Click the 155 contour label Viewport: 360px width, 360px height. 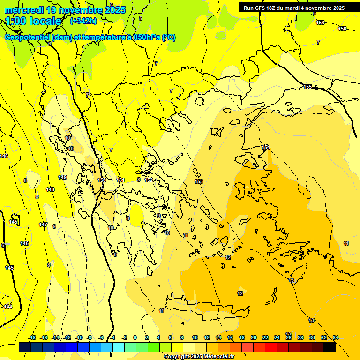307,87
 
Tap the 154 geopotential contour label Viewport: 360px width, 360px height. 266,147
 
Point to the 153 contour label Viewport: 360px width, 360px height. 199,181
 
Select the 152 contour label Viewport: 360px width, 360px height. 149,180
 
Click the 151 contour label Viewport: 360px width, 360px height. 120,180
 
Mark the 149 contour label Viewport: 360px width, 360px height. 62,177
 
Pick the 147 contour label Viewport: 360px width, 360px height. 43,225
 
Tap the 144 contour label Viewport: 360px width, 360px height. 8,307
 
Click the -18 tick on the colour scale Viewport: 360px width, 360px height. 32,337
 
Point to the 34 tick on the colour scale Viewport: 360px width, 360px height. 336,337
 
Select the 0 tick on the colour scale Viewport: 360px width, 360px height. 135,337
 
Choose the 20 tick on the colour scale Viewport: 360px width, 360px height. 254,337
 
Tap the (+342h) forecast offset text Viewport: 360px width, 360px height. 83,21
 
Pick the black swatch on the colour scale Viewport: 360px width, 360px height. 329,347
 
